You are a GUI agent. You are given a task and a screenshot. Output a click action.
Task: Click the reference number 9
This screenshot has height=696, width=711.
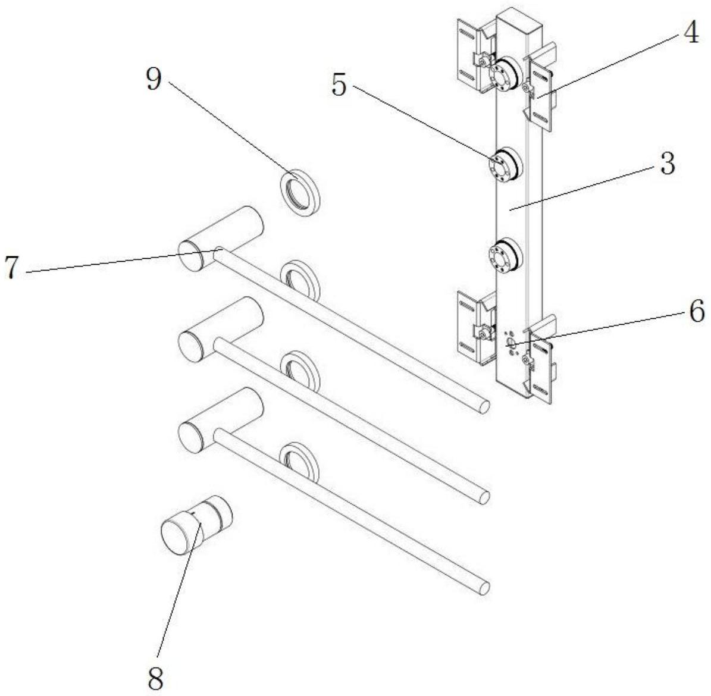point(154,80)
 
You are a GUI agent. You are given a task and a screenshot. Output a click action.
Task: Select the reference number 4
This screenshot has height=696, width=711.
point(690,34)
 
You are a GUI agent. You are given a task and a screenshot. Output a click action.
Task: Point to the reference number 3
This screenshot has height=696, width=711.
point(668,164)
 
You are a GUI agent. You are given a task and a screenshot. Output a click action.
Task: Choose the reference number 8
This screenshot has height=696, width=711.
point(155,679)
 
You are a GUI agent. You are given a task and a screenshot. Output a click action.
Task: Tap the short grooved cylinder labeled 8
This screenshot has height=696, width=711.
point(196,524)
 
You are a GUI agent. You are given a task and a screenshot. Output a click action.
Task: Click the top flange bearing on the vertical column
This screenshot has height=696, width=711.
point(503,75)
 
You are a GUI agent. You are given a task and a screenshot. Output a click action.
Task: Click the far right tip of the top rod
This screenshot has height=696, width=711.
point(484,406)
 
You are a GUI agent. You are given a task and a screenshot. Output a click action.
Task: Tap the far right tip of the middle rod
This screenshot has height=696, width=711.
point(484,497)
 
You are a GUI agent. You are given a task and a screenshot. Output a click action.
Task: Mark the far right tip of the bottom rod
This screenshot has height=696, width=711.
point(484,588)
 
